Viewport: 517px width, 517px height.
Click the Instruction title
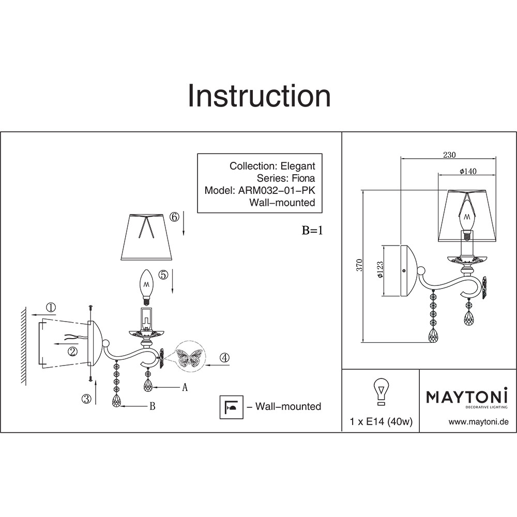(x=258, y=96)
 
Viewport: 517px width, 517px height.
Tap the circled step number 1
(x=51, y=308)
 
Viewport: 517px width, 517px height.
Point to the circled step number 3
(x=86, y=398)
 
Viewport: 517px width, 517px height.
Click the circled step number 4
(x=224, y=357)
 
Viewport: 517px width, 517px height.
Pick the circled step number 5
(x=163, y=276)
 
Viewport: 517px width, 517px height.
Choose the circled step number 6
(x=174, y=217)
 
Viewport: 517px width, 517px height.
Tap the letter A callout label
(x=184, y=387)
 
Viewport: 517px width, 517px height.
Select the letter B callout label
(x=152, y=406)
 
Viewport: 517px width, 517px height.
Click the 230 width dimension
(x=449, y=154)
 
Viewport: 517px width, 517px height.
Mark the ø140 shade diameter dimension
(x=467, y=172)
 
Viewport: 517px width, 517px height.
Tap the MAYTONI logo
(x=467, y=398)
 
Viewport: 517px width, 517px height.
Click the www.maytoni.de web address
(x=478, y=422)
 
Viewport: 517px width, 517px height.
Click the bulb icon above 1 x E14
(x=381, y=391)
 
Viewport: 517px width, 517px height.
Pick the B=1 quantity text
(x=312, y=231)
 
